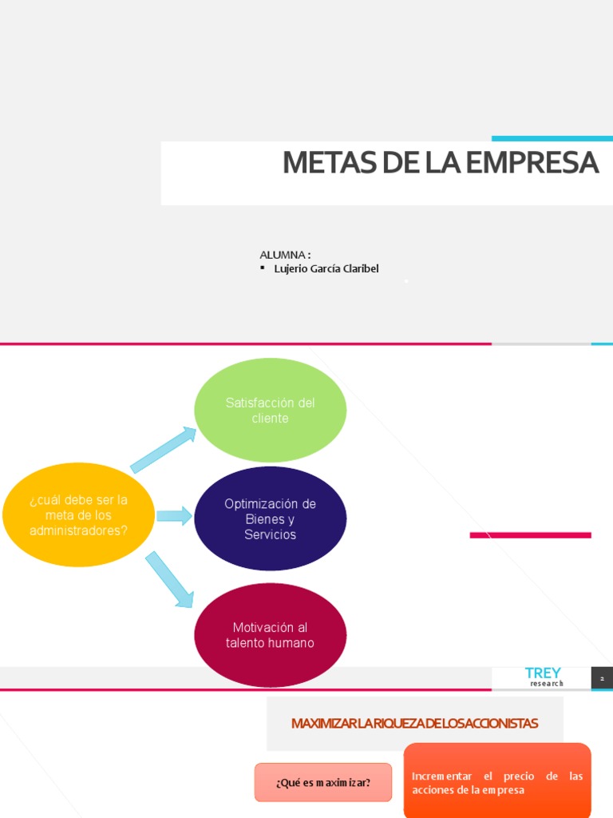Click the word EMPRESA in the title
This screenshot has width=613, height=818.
click(x=532, y=163)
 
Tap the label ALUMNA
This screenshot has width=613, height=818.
click(x=283, y=254)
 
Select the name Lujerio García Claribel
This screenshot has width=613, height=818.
click(x=326, y=268)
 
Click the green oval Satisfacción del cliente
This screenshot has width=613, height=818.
click(x=270, y=410)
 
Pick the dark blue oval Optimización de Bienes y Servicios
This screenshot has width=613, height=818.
click(x=270, y=518)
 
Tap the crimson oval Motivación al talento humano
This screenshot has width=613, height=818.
click(x=270, y=635)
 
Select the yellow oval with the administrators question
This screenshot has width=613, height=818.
click(x=78, y=514)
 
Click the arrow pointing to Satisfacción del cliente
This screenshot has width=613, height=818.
click(x=164, y=450)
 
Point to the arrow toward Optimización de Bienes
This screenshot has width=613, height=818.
click(x=174, y=516)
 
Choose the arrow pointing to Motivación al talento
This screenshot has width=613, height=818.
click(x=169, y=579)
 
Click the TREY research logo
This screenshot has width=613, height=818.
click(x=543, y=676)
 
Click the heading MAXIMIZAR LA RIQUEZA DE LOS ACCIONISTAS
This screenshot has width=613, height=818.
click(x=414, y=724)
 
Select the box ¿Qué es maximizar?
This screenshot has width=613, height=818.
click(x=323, y=782)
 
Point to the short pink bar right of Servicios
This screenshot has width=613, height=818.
click(x=530, y=535)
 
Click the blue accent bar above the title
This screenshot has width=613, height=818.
click(x=552, y=139)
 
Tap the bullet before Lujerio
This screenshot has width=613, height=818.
click(x=263, y=268)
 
